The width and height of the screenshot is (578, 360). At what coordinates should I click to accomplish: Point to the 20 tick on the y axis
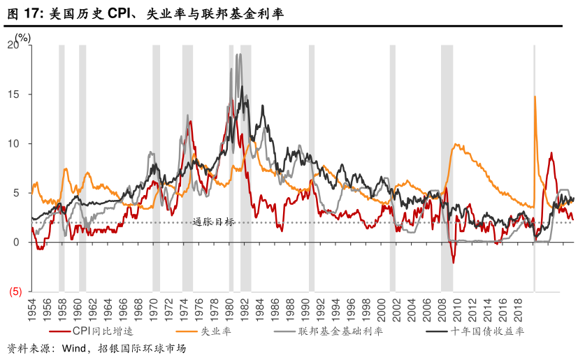(15, 45)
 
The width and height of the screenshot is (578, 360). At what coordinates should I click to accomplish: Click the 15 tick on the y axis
(15, 94)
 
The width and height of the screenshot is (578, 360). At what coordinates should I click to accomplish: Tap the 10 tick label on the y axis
(15, 144)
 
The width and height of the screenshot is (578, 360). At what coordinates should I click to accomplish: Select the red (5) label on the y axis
(15, 291)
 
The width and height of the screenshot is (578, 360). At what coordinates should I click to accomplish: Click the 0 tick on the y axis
(18, 243)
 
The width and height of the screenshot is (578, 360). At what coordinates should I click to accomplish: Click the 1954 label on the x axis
(31, 309)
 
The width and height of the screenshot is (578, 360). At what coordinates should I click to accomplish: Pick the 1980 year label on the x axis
(230, 309)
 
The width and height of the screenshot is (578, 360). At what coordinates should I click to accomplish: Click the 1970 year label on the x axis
(154, 309)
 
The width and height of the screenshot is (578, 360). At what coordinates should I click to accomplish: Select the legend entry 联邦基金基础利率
(340, 331)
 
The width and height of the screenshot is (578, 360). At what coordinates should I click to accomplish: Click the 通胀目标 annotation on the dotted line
(214, 222)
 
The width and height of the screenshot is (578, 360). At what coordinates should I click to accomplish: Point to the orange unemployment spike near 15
(535, 98)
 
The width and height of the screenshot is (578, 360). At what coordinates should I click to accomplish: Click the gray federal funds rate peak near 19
(238, 55)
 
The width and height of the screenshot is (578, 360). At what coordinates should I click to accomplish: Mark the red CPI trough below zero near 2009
(453, 262)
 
